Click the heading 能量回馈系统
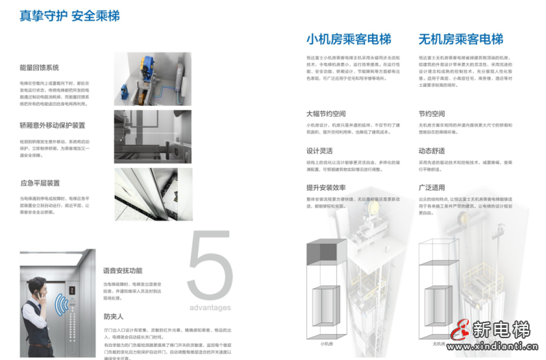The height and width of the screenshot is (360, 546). click(40, 68)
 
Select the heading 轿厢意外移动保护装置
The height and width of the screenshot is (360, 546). click(53, 126)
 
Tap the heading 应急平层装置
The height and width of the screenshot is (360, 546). click(40, 183)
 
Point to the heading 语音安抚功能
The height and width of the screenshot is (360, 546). click(123, 271)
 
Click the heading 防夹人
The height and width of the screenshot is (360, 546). click(113, 316)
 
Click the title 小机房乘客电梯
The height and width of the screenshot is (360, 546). click(349, 38)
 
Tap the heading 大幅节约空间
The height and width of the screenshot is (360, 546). click(326, 113)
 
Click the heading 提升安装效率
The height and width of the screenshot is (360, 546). click(326, 188)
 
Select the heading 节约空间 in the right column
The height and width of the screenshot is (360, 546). click(431, 113)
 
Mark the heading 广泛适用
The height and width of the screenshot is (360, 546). click(431, 188)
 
